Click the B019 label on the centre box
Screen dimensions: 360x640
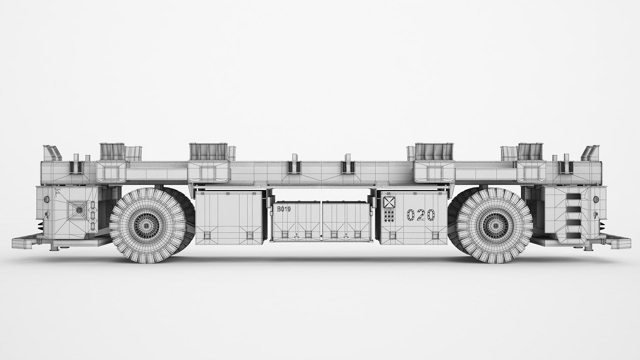(284, 209)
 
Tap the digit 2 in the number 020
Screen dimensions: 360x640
(421, 215)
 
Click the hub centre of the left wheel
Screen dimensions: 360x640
(146, 226)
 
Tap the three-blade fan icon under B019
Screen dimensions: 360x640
(297, 235)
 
